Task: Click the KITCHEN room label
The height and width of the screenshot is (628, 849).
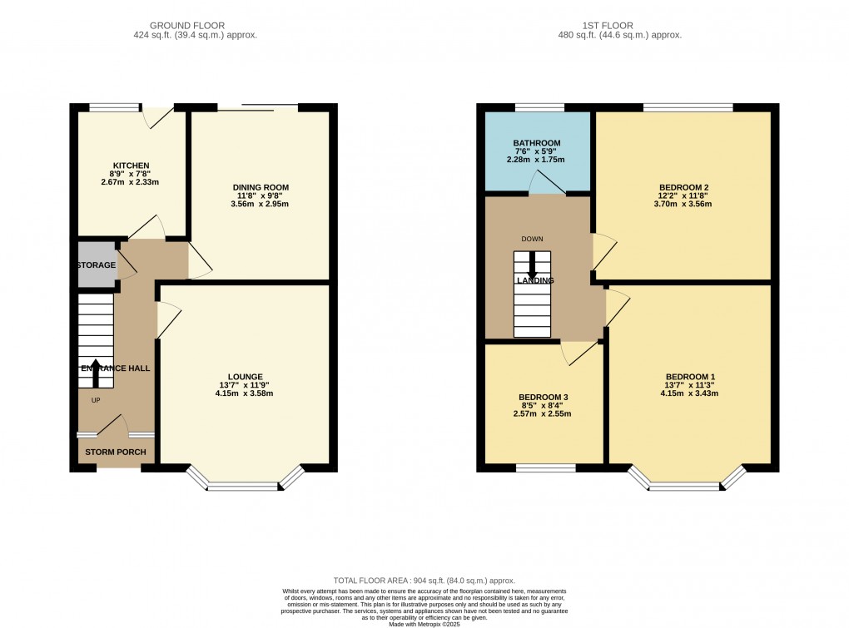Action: tap(131, 166)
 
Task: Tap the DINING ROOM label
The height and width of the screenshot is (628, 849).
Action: tap(261, 188)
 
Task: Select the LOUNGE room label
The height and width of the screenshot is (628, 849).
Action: tap(246, 377)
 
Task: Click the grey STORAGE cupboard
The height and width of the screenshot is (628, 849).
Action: tap(97, 265)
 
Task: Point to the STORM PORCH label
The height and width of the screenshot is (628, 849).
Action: tap(116, 452)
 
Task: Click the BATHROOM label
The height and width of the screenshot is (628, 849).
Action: tap(537, 143)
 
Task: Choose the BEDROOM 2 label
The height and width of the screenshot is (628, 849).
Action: tap(683, 188)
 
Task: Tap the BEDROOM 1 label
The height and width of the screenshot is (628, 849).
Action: tap(690, 377)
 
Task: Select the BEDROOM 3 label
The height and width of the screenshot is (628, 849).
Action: tap(543, 398)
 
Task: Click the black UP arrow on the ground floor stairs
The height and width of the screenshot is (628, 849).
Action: tap(96, 373)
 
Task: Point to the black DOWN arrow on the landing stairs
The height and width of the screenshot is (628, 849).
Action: tap(532, 265)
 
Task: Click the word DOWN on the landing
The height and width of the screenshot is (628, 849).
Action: tap(532, 239)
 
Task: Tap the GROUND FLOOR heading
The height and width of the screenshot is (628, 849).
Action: tap(187, 26)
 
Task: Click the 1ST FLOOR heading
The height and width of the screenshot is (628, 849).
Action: tap(608, 26)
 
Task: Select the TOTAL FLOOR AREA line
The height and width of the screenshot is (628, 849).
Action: tap(424, 581)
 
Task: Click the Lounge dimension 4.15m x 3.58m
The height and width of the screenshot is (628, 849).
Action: tap(244, 393)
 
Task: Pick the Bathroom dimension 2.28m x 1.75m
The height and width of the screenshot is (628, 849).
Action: tap(535, 160)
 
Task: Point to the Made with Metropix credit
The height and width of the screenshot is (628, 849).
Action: tap(424, 624)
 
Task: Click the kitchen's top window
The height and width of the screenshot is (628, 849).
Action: tap(115, 107)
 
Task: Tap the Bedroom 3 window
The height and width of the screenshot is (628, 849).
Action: tap(545, 468)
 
